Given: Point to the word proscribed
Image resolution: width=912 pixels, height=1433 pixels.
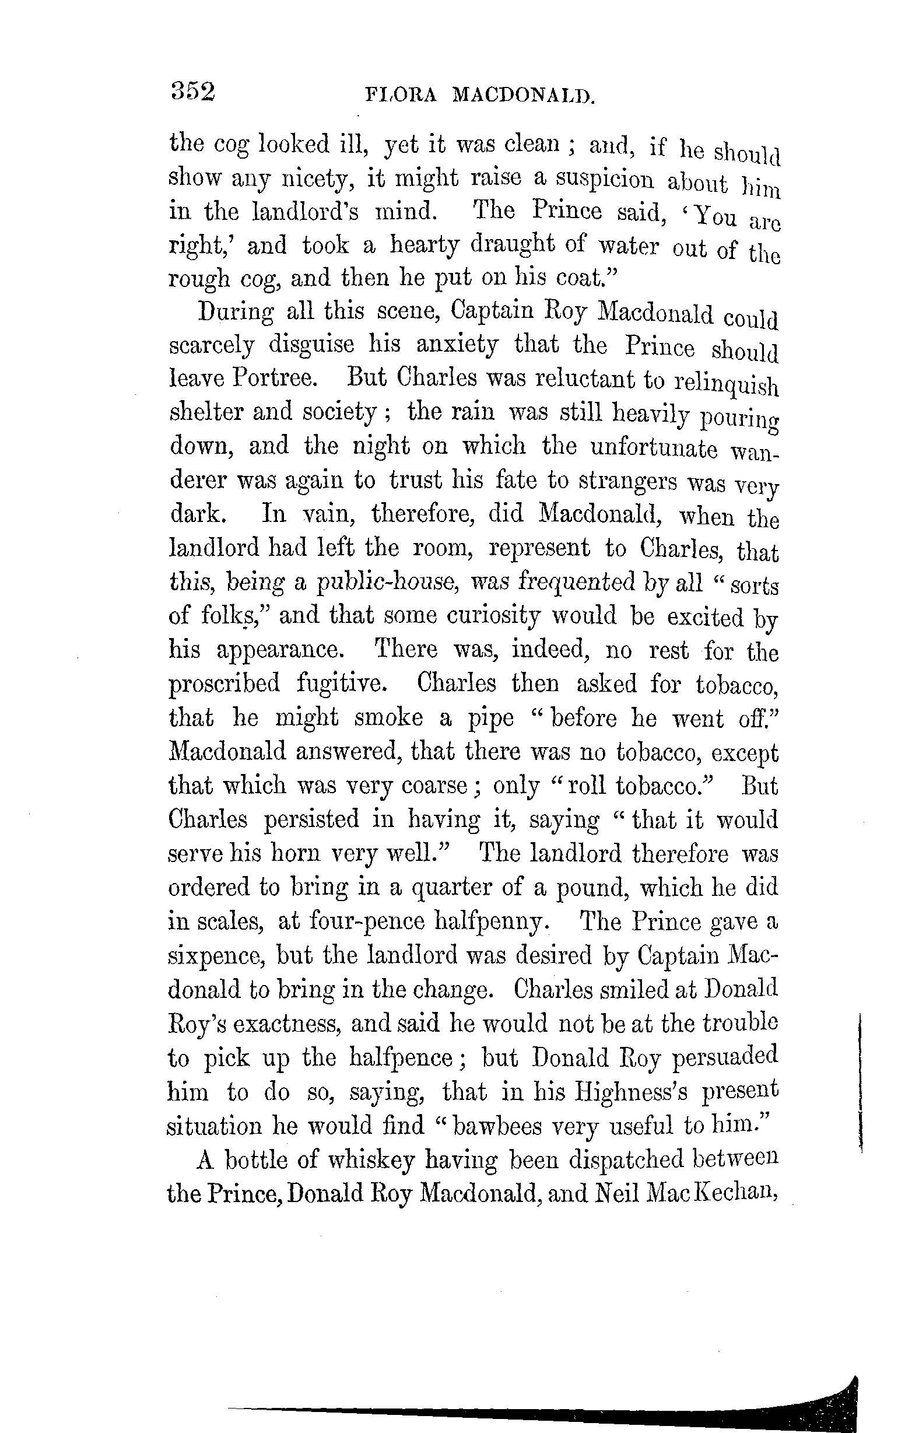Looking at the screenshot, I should tap(225, 683).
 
